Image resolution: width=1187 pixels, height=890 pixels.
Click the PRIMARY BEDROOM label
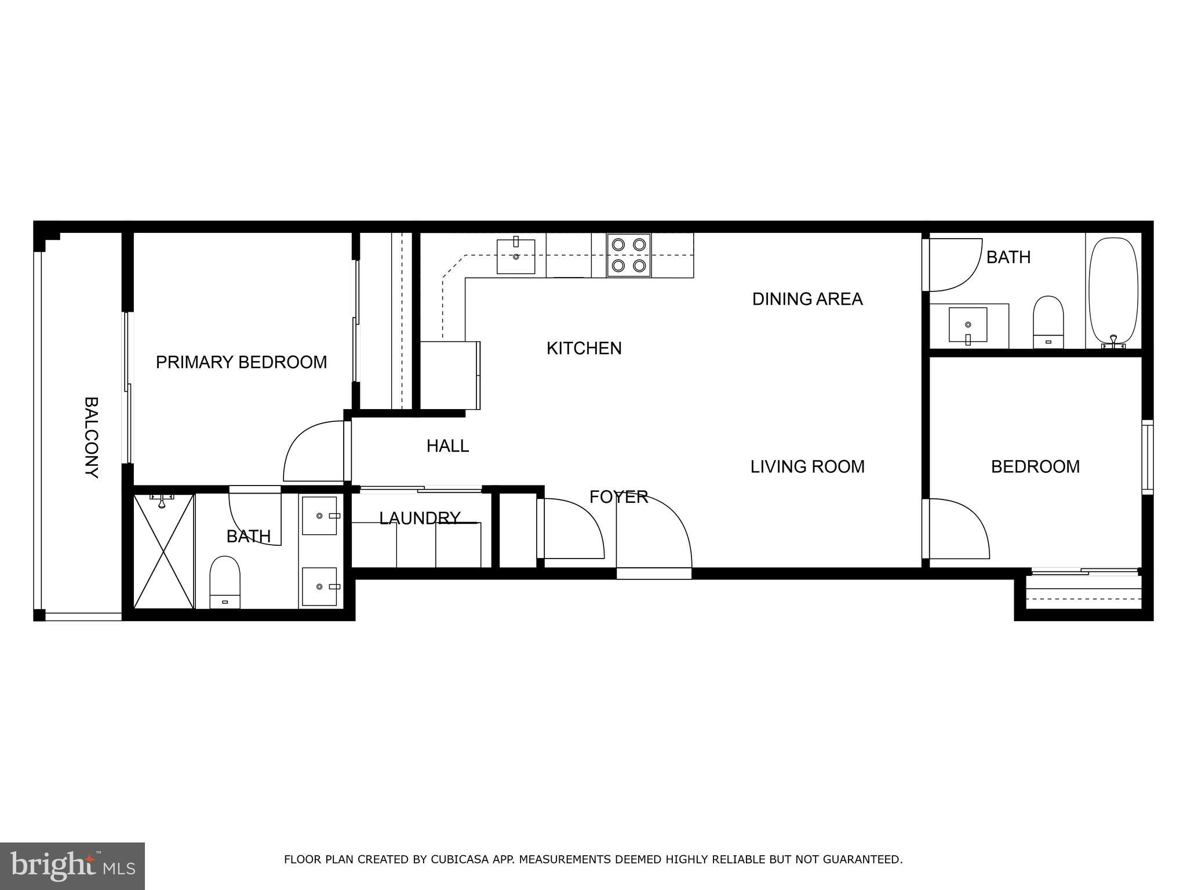pos(241,362)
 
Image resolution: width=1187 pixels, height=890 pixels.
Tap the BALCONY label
pos(91,437)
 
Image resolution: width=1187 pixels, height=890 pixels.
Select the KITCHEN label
pos(584,348)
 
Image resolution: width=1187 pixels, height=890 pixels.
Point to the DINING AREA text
pos(807,299)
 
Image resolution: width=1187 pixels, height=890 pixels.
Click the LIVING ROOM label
pos(807,466)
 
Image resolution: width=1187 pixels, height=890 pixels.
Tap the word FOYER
pos(618,497)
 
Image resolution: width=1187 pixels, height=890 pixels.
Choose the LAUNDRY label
pos(420,518)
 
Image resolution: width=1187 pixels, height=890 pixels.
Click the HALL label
pos(447,446)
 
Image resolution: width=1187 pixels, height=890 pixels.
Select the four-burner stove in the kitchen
pos(628,255)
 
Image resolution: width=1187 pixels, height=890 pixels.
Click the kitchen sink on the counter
pos(516,255)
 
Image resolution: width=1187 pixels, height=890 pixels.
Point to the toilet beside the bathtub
pos(1048,322)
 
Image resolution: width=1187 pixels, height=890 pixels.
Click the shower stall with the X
pos(163,550)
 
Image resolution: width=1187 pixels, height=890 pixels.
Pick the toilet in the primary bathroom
pos(224,582)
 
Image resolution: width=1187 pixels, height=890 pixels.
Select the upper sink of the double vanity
pos(319,516)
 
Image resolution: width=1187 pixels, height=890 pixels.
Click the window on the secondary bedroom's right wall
pos(1147,457)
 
